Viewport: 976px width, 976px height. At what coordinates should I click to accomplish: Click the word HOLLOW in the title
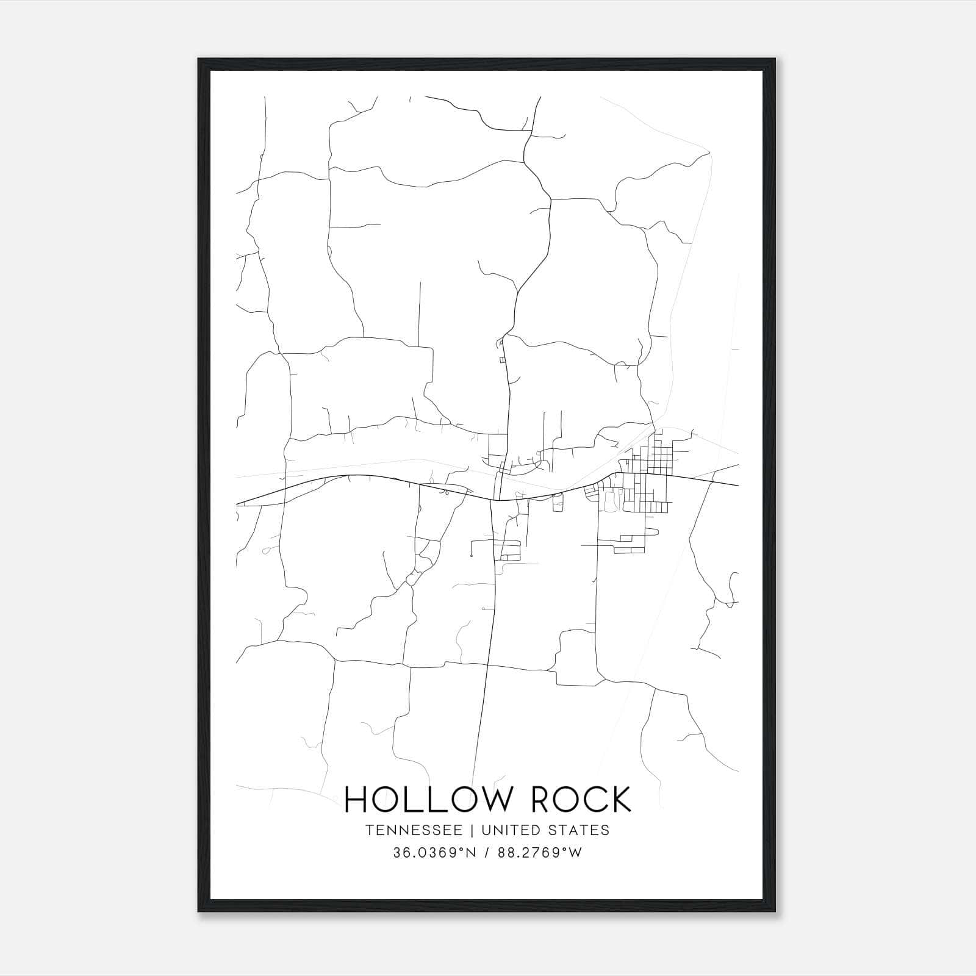[424, 799]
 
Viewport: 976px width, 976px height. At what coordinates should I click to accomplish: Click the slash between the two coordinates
[486, 853]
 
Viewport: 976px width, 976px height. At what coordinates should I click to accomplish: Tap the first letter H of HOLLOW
[356, 799]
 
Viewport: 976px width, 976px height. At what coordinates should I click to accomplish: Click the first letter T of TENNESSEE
[369, 830]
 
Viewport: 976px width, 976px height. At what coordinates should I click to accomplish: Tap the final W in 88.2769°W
[576, 853]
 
